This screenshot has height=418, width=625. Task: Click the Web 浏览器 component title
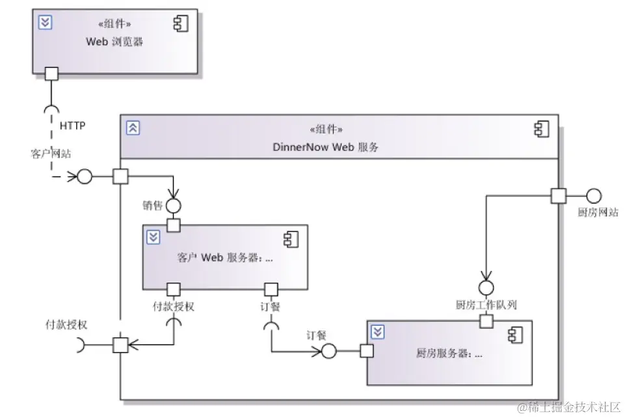pos(114,42)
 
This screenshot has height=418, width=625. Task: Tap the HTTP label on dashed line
pos(72,125)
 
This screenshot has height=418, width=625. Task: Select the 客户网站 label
pos(51,154)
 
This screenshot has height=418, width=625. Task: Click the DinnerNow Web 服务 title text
pos(326,147)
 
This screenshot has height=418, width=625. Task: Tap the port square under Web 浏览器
pos(51,74)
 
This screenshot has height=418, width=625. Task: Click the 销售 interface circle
pos(173,206)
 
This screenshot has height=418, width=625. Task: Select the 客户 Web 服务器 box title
pos(224,257)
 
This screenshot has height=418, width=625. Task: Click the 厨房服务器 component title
pos(449,354)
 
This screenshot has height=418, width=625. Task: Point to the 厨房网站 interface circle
pos(594,195)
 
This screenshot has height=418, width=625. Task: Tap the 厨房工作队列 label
pos(486,305)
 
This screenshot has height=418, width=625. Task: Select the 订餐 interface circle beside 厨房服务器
pos(328,352)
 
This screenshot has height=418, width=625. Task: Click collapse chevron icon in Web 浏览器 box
pos(46,23)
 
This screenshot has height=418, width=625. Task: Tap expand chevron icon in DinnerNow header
pos(133,128)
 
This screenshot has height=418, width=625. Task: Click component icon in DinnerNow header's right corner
pos(541,129)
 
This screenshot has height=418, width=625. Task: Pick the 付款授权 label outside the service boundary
pos(66,325)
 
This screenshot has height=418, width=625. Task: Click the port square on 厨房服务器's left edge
pos(367,352)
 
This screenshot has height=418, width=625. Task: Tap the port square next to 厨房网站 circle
pos(558,195)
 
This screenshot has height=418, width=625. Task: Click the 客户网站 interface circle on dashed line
pos(85,176)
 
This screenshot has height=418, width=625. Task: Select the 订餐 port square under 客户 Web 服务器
pos(271,289)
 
